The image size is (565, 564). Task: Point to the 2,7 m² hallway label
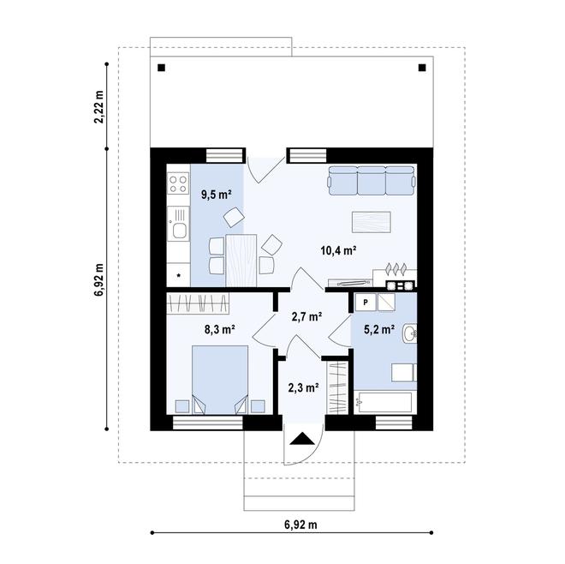[x=306, y=316]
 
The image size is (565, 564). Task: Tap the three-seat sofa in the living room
[x=371, y=181]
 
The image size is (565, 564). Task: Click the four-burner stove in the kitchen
[x=179, y=183]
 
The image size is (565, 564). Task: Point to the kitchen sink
[x=179, y=228]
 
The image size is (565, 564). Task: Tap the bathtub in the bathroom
[x=384, y=400]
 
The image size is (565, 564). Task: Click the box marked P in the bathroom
[x=365, y=302]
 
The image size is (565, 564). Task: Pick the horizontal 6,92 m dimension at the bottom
[x=300, y=523]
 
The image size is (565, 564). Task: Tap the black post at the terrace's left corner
[x=162, y=68]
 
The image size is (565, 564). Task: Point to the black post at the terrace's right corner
[x=421, y=68]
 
